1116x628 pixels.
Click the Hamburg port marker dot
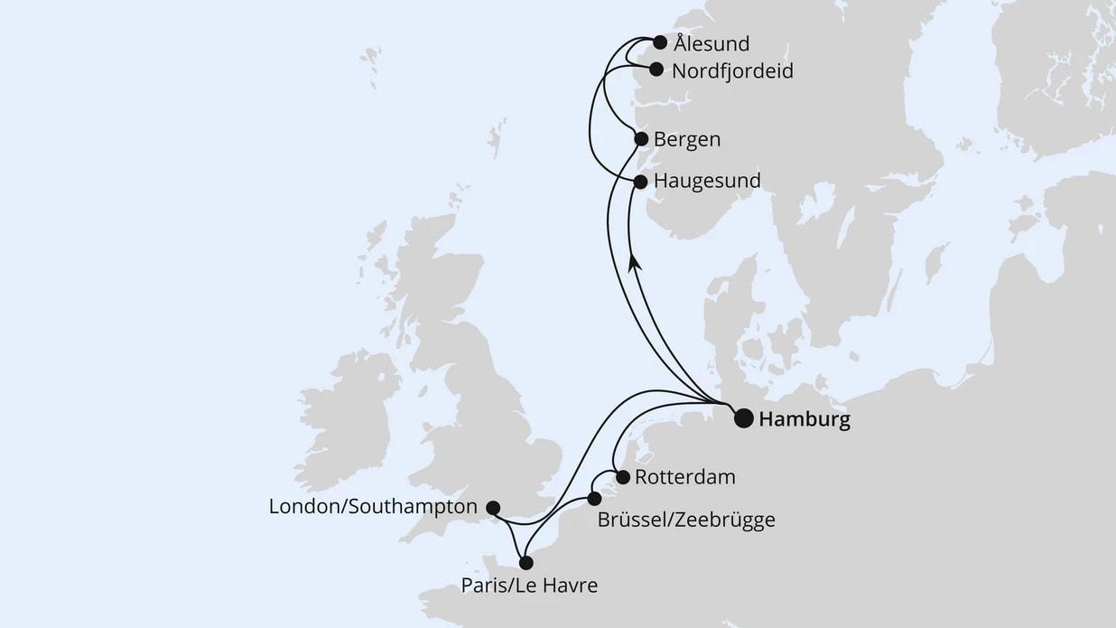click(743, 417)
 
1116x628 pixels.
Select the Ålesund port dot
click(660, 42)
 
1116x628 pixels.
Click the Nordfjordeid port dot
click(656, 69)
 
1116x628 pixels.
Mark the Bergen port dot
click(641, 139)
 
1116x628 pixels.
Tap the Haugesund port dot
click(640, 182)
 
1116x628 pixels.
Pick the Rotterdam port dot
click(622, 477)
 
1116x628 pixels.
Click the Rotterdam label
click(684, 477)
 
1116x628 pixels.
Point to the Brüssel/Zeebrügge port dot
click(593, 499)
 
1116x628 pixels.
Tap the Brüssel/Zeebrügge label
click(685, 520)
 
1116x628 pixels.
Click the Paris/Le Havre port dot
click(526, 562)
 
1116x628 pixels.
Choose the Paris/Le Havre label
click(528, 586)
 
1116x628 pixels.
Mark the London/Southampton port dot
click(493, 508)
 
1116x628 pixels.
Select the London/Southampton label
click(373, 508)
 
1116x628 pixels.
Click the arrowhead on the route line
click(635, 261)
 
